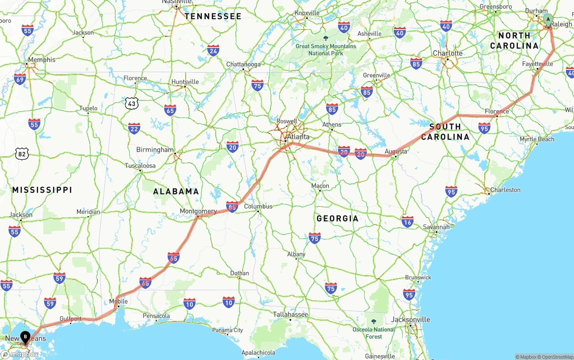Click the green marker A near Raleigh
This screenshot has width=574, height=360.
pyautogui.click(x=548, y=19)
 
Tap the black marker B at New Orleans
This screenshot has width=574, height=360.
pyautogui.click(x=26, y=336)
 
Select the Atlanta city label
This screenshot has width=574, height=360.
pyautogui.click(x=298, y=137)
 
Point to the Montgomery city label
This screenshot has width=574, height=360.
pyautogui.click(x=198, y=211)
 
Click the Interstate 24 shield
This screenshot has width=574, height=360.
pyautogui.click(x=213, y=50)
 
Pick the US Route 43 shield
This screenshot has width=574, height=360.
pyautogui.click(x=131, y=104)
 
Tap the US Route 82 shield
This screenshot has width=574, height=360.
pyautogui.click(x=21, y=153)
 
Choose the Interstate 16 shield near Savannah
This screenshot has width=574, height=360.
pyautogui.click(x=408, y=221)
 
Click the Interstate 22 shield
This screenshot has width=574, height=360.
pyautogui.click(x=134, y=129)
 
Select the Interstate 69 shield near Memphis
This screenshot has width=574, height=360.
pyautogui.click(x=20, y=79)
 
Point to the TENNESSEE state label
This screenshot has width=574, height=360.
pyautogui.click(x=213, y=17)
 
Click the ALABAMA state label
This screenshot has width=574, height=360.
pyautogui.click(x=176, y=191)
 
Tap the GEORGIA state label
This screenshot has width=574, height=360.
pyautogui.click(x=338, y=218)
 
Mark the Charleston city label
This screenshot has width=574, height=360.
pyautogui.click(x=505, y=190)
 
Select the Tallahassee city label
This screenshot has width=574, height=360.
pyautogui.click(x=291, y=315)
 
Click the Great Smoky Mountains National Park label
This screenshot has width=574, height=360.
pyautogui.click(x=326, y=49)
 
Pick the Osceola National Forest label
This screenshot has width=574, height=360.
pyautogui.click(x=373, y=333)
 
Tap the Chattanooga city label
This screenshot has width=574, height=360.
pyautogui.click(x=244, y=65)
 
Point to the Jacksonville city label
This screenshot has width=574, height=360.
pyautogui.click(x=411, y=320)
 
